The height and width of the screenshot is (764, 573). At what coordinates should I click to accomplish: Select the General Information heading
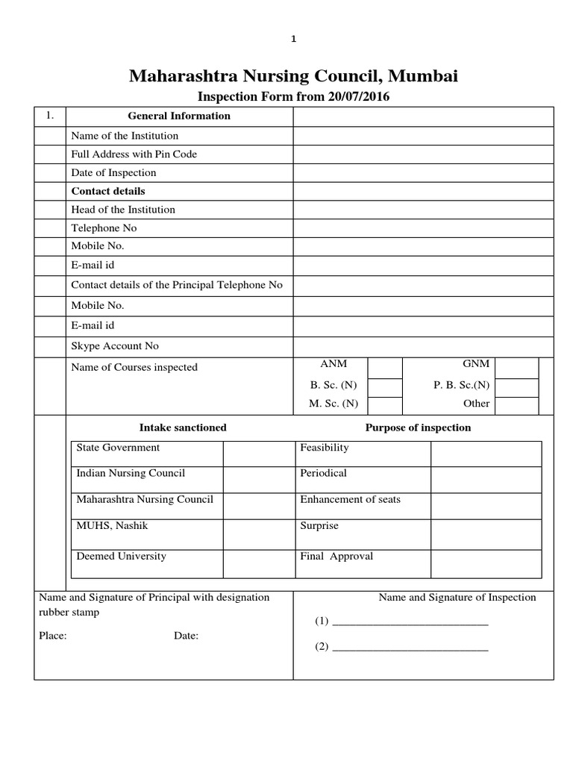click(x=179, y=116)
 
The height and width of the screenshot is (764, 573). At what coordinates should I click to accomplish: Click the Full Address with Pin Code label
click(x=134, y=154)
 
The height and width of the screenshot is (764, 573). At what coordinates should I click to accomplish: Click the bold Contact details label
click(x=108, y=191)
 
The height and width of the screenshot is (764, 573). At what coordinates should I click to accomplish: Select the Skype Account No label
click(x=115, y=346)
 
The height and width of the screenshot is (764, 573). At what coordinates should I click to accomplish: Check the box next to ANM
click(x=385, y=367)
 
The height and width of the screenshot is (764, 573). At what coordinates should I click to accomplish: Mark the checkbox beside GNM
click(x=516, y=367)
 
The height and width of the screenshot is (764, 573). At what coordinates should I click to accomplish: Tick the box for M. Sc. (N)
click(x=385, y=404)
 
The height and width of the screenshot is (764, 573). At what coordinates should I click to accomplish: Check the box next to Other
click(x=516, y=405)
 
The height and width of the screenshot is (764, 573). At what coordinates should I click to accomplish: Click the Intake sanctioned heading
click(x=183, y=428)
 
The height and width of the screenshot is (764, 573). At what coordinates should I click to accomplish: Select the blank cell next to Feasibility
click(x=486, y=454)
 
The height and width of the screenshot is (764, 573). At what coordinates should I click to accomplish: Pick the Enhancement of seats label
click(x=350, y=499)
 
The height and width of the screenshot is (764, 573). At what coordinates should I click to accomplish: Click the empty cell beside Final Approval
click(x=486, y=563)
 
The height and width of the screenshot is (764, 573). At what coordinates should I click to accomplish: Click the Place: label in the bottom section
click(x=53, y=636)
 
